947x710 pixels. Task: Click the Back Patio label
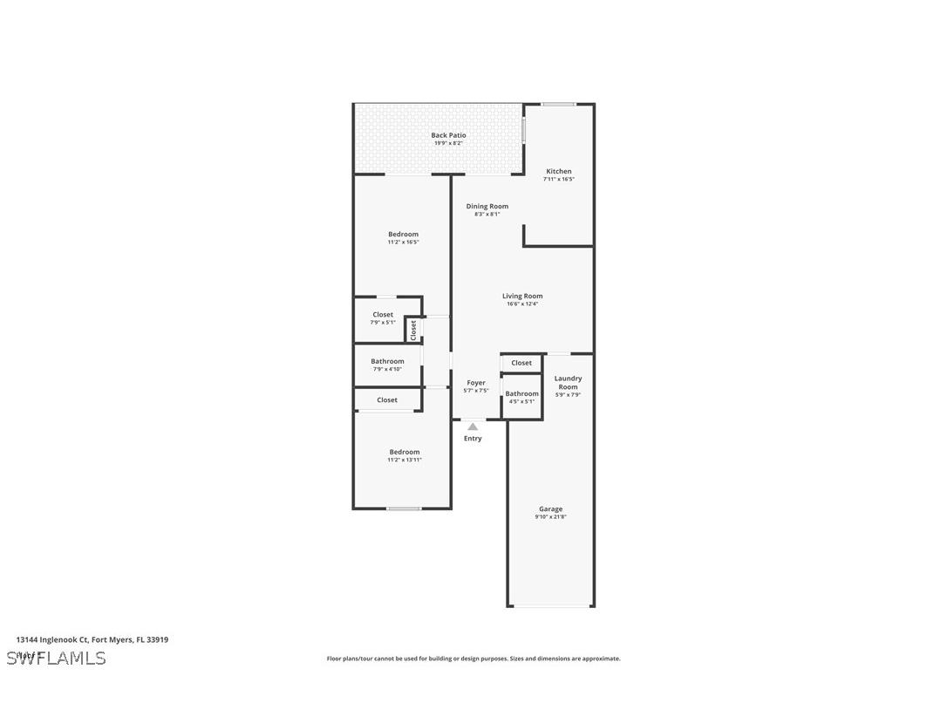[x=448, y=135]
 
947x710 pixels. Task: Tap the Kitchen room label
[x=559, y=172]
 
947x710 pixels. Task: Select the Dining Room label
[x=487, y=207]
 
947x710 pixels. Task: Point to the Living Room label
[x=522, y=297]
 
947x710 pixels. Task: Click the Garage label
[x=550, y=509]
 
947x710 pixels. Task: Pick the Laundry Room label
[x=568, y=383]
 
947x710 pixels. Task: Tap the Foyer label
[x=476, y=383]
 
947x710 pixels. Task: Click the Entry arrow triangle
[x=473, y=427]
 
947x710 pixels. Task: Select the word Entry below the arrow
[x=473, y=439]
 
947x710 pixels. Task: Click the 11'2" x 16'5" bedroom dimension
[x=404, y=242]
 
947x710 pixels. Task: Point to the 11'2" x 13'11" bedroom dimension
[x=405, y=460]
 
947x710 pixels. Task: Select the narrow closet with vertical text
[x=413, y=329]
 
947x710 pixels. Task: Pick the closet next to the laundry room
[x=521, y=363]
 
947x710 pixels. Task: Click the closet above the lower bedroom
[x=387, y=400]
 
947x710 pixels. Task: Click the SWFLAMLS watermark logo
[x=57, y=658]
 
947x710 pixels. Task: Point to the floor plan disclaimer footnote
[x=473, y=659]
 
